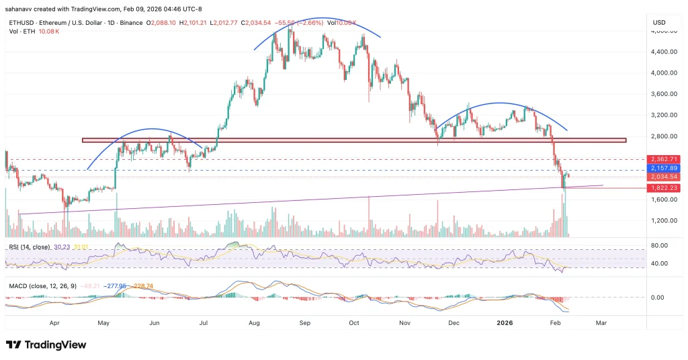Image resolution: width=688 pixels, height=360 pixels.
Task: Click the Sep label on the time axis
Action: pos(304,322)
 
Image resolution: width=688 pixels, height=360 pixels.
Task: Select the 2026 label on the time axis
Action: pos(507,322)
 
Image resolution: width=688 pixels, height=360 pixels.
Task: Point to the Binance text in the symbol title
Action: pos(132,23)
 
